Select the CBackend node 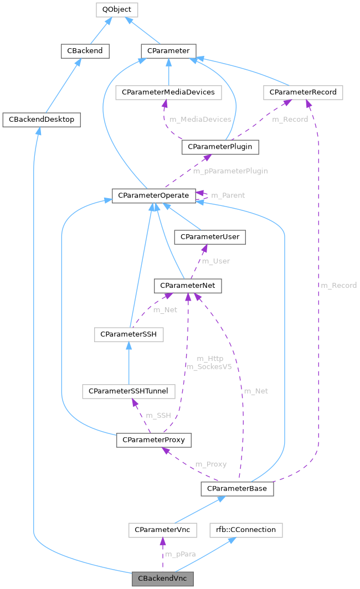[x=85, y=51]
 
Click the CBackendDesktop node [x=42, y=119]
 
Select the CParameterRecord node [x=303, y=92]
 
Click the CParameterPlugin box [x=220, y=147]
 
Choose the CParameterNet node [x=188, y=285]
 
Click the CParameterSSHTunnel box [x=128, y=391]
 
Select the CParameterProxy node [x=153, y=440]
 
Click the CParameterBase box [x=236, y=489]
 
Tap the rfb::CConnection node [x=246, y=530]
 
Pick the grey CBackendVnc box [x=162, y=579]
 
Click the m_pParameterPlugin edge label [x=230, y=171]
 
